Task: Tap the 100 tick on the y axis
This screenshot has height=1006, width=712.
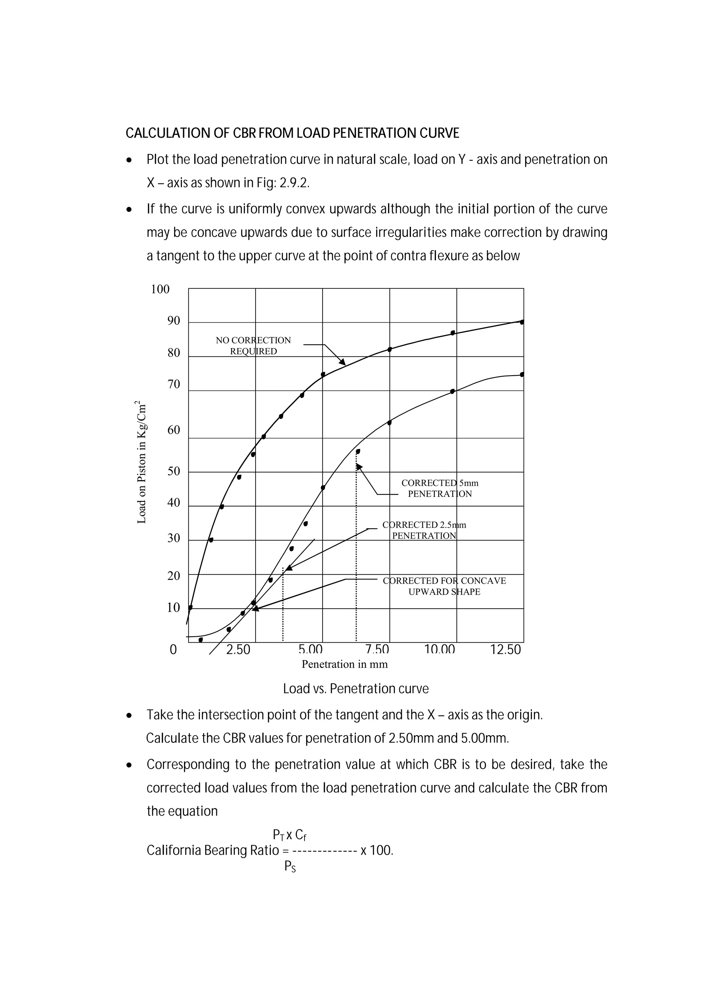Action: pos(160,289)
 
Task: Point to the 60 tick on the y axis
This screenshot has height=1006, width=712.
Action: pos(173,430)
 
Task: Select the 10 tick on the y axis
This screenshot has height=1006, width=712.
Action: pos(173,608)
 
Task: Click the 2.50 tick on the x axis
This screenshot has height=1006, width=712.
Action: pos(238,650)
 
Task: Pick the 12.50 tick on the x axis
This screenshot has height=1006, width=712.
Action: pos(505,650)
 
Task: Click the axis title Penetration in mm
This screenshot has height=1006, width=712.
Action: pos(345,664)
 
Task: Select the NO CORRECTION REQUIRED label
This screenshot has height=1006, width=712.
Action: pos(253,346)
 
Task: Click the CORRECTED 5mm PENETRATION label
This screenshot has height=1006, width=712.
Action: pos(440,488)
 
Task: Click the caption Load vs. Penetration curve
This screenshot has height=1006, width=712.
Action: pos(356,689)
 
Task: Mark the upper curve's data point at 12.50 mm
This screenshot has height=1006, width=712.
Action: pos(522,322)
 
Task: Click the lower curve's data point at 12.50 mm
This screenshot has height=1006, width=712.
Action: pos(522,374)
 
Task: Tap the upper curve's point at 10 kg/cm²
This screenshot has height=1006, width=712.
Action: pos(190,607)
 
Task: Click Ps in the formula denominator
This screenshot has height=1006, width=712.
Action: pos(290,866)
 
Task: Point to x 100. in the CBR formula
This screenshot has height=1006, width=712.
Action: pos(377,850)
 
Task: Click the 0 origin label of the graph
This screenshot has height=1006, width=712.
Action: pos(173,650)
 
